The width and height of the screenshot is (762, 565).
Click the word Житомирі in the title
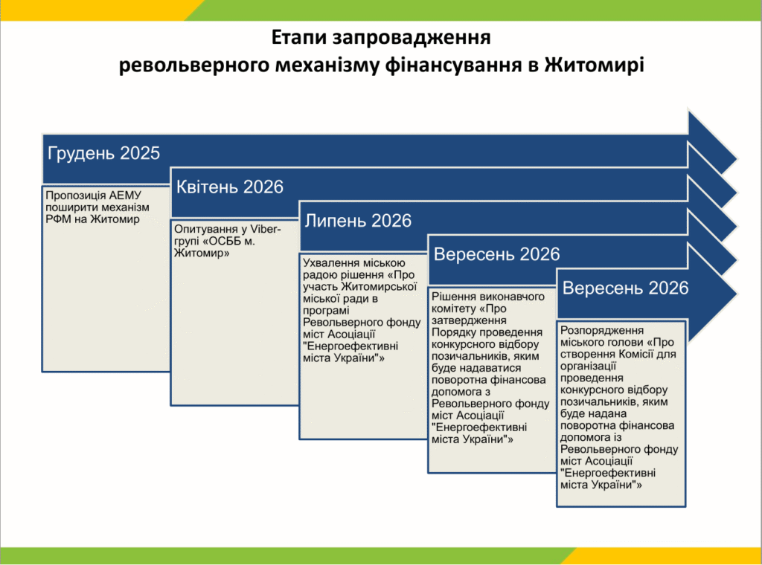[x=594, y=65]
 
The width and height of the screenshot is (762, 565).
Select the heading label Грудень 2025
[x=103, y=153]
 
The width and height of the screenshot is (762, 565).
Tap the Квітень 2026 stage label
[x=229, y=187]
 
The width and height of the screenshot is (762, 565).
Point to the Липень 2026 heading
[x=358, y=221]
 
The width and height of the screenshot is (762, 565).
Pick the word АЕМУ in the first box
[x=125, y=196]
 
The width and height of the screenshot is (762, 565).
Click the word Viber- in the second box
[x=266, y=229]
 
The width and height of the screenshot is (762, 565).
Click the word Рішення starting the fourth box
[x=453, y=297]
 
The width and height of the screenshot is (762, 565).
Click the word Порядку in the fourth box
[x=454, y=332]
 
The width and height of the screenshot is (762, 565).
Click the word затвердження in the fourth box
[x=469, y=321]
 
